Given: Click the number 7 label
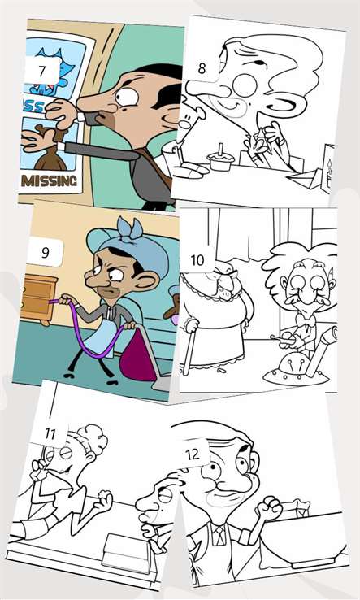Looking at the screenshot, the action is click(42, 71).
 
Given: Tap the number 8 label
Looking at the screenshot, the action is click(202, 68).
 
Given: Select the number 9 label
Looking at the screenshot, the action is click(46, 253).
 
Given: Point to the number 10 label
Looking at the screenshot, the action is click(197, 260).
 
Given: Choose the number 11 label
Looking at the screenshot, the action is click(50, 433).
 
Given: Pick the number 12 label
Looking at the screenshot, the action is click(193, 454).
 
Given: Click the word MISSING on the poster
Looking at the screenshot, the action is click(49, 180).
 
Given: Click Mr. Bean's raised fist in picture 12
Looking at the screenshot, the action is click(269, 508).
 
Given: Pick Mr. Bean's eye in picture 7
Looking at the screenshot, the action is click(127, 97).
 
